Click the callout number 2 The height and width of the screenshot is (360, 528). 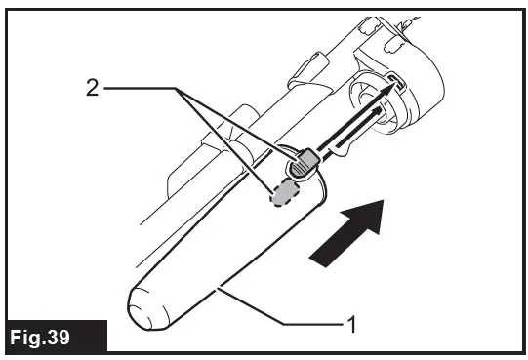click(x=91, y=88)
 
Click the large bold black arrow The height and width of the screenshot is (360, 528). click(x=347, y=231)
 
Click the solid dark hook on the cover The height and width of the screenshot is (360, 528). click(x=303, y=164)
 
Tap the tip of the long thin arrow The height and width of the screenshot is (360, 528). click(x=399, y=85)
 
